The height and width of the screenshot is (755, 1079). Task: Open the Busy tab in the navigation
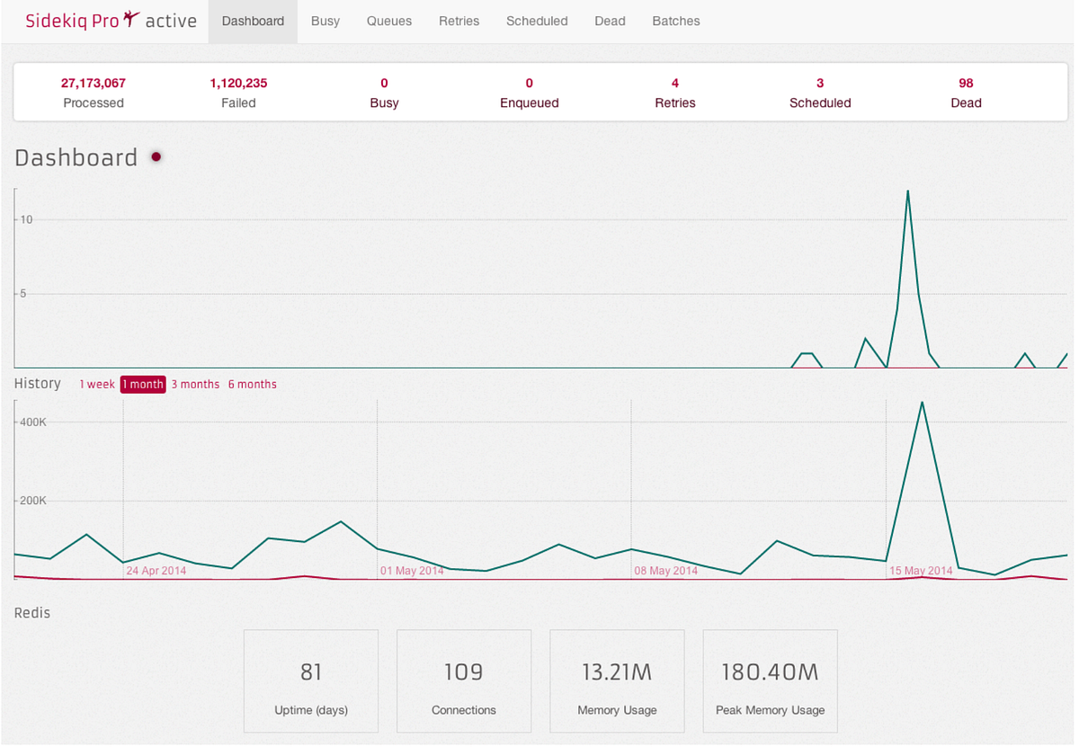325,21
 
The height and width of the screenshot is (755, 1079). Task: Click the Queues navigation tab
389,21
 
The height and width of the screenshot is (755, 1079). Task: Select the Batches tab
675,21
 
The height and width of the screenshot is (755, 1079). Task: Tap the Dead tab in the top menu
610,21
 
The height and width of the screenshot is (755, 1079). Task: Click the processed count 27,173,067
94,83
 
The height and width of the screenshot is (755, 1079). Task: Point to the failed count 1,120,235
238,83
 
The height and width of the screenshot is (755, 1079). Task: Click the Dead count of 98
966,83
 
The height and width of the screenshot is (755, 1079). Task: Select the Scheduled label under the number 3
820,103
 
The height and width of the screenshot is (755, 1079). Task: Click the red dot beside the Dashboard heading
156,157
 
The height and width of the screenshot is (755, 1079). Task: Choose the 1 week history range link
97,385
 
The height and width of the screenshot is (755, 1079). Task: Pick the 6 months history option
252,385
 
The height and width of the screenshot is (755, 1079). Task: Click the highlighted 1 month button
143,385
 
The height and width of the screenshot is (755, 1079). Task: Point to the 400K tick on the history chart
34,422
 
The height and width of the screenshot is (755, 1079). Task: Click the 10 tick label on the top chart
27,220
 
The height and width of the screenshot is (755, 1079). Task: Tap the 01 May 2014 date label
412,571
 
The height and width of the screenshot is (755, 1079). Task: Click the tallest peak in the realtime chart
908,191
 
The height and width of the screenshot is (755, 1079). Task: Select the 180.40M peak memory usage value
770,672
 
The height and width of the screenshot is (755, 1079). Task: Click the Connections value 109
463,672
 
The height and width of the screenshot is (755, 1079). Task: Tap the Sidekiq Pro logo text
72,21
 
